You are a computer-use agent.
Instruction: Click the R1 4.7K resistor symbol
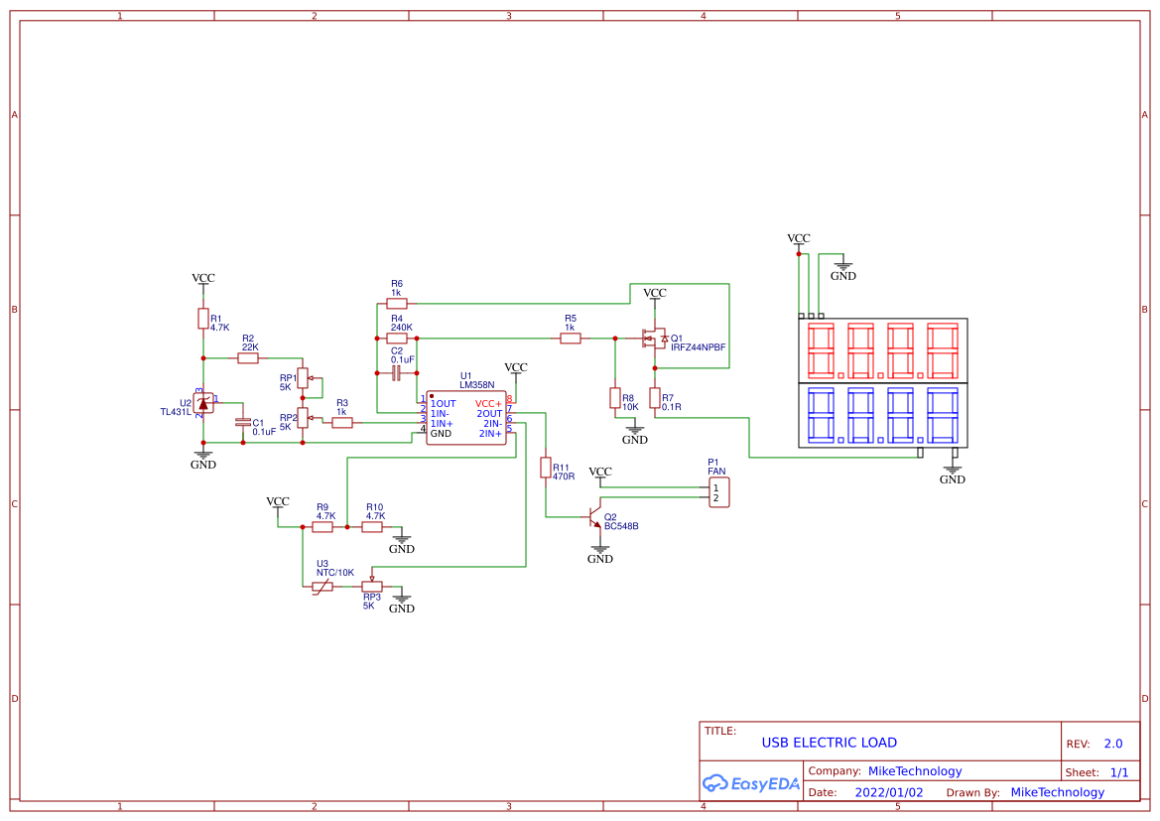click(x=202, y=319)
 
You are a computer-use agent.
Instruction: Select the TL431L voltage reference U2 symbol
click(x=203, y=402)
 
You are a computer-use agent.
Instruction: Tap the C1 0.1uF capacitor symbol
click(x=242, y=422)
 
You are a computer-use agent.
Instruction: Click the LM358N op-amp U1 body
click(x=465, y=419)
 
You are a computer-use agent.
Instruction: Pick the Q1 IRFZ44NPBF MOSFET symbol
click(x=652, y=339)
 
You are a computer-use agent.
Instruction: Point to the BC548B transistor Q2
click(x=595, y=518)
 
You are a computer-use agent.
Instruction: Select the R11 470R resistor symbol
click(x=545, y=468)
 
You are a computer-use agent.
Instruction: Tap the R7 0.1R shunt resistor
click(x=654, y=398)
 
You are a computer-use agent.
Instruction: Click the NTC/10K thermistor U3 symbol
click(x=322, y=587)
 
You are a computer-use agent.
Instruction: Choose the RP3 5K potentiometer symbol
click(x=372, y=586)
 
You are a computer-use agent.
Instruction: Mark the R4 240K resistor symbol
click(x=397, y=339)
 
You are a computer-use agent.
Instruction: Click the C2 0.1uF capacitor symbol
click(x=396, y=373)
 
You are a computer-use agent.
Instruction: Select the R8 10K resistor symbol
click(x=614, y=398)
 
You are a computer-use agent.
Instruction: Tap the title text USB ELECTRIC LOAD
click(x=829, y=743)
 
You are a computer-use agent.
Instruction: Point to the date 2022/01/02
click(x=888, y=792)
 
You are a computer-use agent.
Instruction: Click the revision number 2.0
click(x=1112, y=744)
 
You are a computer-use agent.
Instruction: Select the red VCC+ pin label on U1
click(x=488, y=404)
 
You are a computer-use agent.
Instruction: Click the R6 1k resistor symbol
click(x=396, y=304)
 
